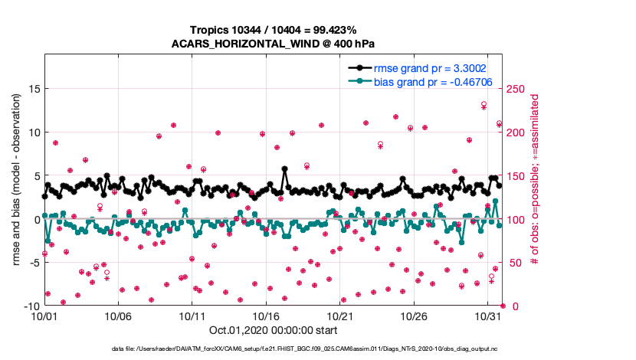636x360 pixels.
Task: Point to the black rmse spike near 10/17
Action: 284,169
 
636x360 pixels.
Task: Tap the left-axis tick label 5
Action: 35,176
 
